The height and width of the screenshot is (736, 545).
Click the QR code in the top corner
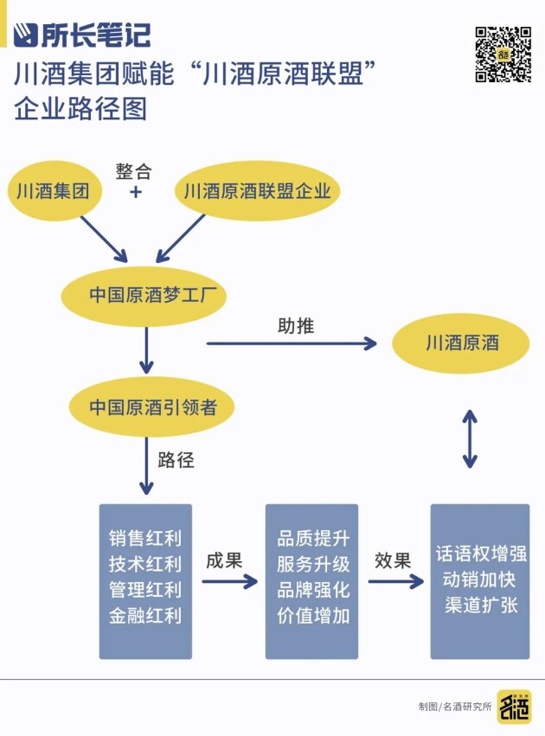click(503, 54)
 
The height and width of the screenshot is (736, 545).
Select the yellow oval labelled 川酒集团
click(52, 190)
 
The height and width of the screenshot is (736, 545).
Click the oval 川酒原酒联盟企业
click(258, 190)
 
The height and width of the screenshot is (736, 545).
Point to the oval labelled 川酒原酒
click(462, 343)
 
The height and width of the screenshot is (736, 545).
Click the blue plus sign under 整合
click(135, 191)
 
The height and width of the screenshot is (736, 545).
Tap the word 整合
click(134, 170)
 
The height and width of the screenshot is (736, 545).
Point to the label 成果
click(224, 560)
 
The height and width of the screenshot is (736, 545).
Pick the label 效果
click(392, 560)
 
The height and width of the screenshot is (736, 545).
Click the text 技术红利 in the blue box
click(145, 565)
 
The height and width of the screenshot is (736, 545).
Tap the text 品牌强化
click(312, 591)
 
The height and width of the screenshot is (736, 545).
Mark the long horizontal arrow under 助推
click(292, 343)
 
